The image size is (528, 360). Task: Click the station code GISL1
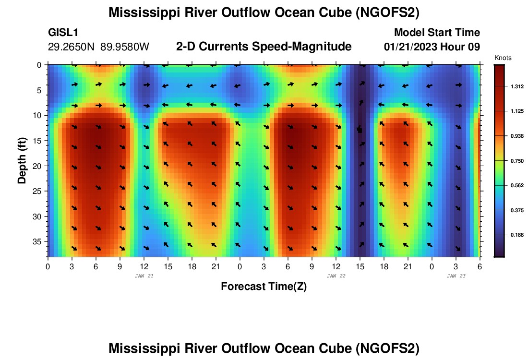click(63, 33)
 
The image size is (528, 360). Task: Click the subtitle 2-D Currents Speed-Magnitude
click(264, 47)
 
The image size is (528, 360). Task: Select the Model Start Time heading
click(437, 33)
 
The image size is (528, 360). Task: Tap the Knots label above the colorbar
click(503, 58)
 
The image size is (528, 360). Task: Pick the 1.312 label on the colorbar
click(517, 86)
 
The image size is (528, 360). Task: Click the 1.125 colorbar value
click(517, 111)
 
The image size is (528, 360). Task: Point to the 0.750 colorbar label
click(517, 161)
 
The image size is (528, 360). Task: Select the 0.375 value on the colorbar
click(517, 210)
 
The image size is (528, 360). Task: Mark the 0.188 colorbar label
click(517, 235)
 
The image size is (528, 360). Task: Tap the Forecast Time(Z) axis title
click(264, 287)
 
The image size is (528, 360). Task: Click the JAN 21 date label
click(144, 276)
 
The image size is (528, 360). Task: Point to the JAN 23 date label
click(456, 276)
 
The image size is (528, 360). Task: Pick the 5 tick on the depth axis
click(40, 90)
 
